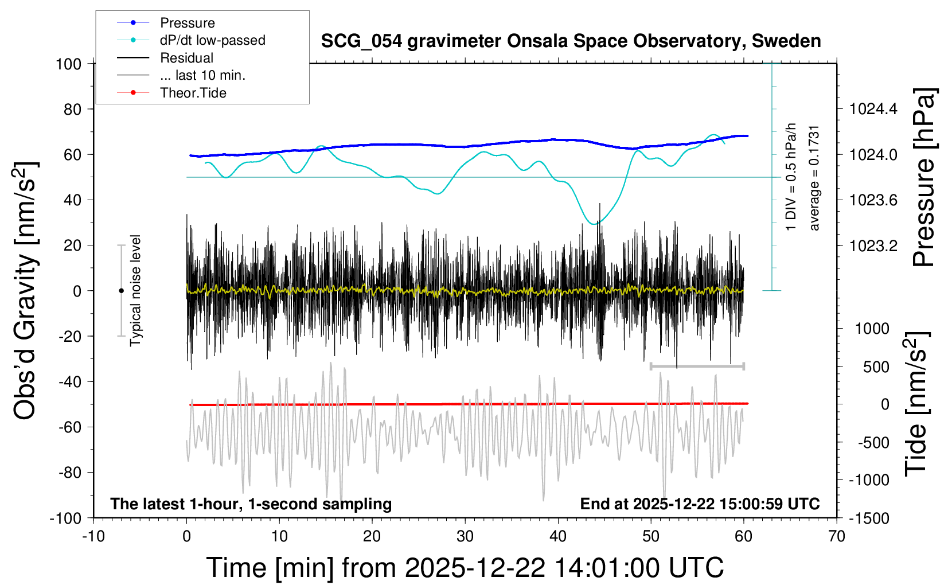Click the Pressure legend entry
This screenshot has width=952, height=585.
pos(187,23)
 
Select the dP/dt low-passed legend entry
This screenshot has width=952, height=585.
pos(212,40)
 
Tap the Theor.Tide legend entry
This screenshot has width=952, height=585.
pos(193,93)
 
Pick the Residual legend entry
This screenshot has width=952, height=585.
pos(186,58)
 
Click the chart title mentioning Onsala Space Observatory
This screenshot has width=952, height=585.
pos(571,41)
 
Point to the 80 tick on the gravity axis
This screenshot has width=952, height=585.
pos(72,109)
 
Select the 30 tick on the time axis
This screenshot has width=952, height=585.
pos(465,537)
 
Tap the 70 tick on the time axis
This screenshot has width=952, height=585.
pos(837,537)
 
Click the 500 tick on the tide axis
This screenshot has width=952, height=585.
pos(876,366)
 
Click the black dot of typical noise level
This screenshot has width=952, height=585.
pos(121,291)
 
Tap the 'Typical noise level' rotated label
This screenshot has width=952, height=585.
pos(135,290)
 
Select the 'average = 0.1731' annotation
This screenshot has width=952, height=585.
pos(814,178)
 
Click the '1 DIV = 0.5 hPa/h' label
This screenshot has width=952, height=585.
pos(791,177)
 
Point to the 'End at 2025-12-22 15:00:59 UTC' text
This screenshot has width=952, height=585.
pos(700,504)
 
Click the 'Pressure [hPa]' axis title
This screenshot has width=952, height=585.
pos(924,178)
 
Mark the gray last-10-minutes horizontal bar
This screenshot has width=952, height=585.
pos(697,366)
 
